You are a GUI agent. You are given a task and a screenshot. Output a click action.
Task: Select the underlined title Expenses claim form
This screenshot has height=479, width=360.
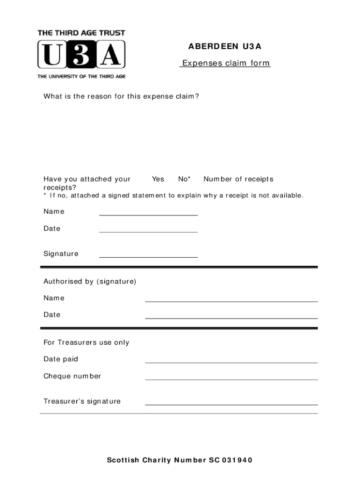click(225, 63)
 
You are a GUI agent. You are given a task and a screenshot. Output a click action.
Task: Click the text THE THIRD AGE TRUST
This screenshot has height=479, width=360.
click(81, 33)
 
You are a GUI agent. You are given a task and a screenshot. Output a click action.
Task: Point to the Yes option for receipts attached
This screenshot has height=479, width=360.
click(158, 179)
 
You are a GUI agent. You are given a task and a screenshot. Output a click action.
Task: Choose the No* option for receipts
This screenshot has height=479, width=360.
click(184, 179)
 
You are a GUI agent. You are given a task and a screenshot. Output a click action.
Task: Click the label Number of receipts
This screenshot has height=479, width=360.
click(238, 179)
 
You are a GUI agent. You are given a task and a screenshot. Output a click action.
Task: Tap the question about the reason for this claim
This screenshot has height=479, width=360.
click(121, 97)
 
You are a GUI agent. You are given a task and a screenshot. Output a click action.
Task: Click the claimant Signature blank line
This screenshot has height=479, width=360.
click(148, 257)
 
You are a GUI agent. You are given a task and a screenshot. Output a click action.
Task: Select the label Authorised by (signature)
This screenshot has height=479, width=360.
click(90, 282)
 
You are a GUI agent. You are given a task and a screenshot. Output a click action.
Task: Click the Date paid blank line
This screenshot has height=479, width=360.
click(231, 362)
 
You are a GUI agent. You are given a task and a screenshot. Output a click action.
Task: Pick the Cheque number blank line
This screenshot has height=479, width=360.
click(231, 379)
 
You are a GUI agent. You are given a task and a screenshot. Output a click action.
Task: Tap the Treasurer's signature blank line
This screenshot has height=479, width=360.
click(231, 404)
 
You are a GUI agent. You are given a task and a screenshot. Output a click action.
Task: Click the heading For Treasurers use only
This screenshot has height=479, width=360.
click(86, 342)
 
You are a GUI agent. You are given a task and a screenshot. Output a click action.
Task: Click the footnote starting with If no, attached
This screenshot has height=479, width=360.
click(173, 195)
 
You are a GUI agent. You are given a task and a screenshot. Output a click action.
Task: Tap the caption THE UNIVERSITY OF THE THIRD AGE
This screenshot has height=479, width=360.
click(81, 76)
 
